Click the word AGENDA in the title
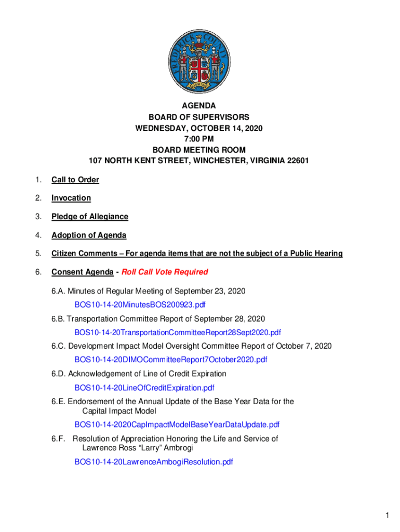[x=199, y=106]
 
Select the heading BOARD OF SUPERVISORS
[x=199, y=117]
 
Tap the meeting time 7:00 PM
[x=199, y=139]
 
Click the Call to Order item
[x=75, y=180]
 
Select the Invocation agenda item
[x=71, y=198]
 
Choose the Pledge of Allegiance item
[x=89, y=217]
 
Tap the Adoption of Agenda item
[x=88, y=235]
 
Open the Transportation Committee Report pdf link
[x=178, y=332]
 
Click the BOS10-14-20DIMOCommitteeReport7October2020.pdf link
[x=171, y=359]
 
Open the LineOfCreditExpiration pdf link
[x=144, y=387]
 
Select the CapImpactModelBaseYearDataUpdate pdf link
[x=177, y=424]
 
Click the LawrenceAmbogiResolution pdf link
[x=154, y=461]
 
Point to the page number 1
[x=387, y=515]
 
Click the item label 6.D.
[x=58, y=374]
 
